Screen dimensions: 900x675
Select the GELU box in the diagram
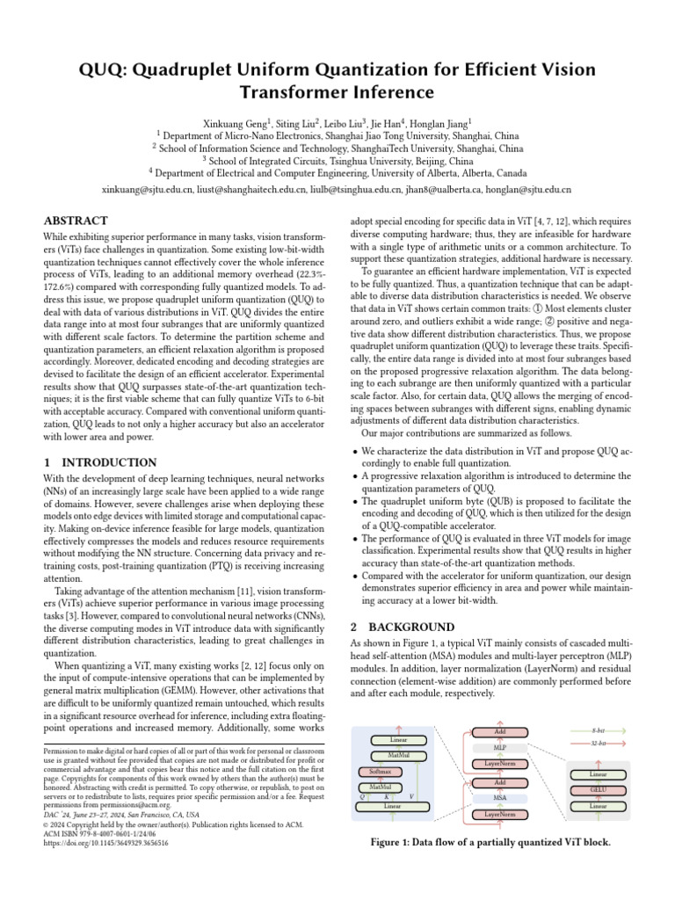[x=599, y=789]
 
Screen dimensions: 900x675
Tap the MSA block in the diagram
[x=499, y=798]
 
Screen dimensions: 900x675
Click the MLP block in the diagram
[x=499, y=747]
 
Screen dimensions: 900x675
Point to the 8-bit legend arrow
[x=599, y=730]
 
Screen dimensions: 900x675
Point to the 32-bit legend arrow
[x=599, y=743]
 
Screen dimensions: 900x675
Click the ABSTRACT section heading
[x=76, y=221]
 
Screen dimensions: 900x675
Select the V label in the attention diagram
[x=411, y=795]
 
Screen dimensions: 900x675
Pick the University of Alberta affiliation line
[x=337, y=173]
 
